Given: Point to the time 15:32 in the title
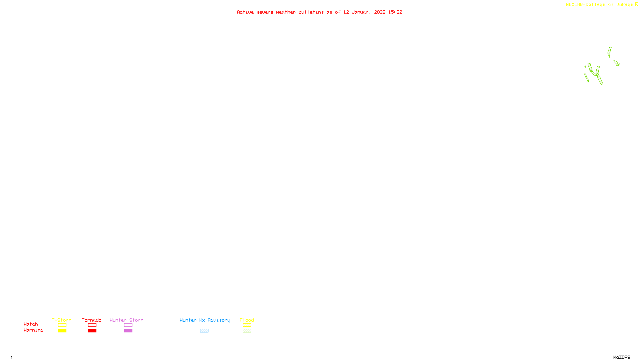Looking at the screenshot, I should (395, 12).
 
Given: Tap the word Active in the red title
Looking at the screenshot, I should (245, 12).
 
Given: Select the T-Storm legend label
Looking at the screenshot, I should (62, 320).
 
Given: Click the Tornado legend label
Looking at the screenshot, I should (92, 320).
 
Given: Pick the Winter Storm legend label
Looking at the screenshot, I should (126, 320).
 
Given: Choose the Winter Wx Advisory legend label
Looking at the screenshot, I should (205, 320).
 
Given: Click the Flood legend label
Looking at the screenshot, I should (247, 320).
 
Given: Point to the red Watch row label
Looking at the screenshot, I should (31, 324).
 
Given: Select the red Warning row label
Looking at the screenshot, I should (34, 330).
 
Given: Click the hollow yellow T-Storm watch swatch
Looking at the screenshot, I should (62, 325).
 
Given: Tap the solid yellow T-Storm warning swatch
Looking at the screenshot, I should (62, 331).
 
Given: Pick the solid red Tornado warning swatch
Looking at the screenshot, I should (92, 331).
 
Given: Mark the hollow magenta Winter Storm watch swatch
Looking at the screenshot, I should (128, 325).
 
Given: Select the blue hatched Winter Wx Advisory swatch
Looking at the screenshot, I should (204, 331).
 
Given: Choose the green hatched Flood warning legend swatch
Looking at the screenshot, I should (247, 331).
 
